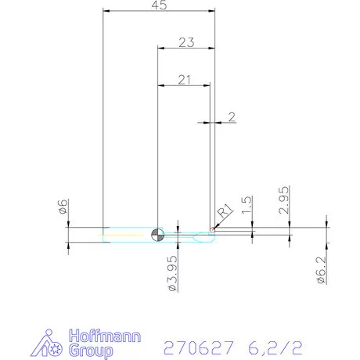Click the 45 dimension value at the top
coord(159,5)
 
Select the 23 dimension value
coord(185,42)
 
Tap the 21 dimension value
coord(184,79)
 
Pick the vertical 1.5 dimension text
coord(247,206)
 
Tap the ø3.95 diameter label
coord(171,272)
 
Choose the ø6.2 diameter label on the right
coord(321,270)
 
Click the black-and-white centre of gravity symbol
coord(158,233)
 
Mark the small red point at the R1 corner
coord(211,229)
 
